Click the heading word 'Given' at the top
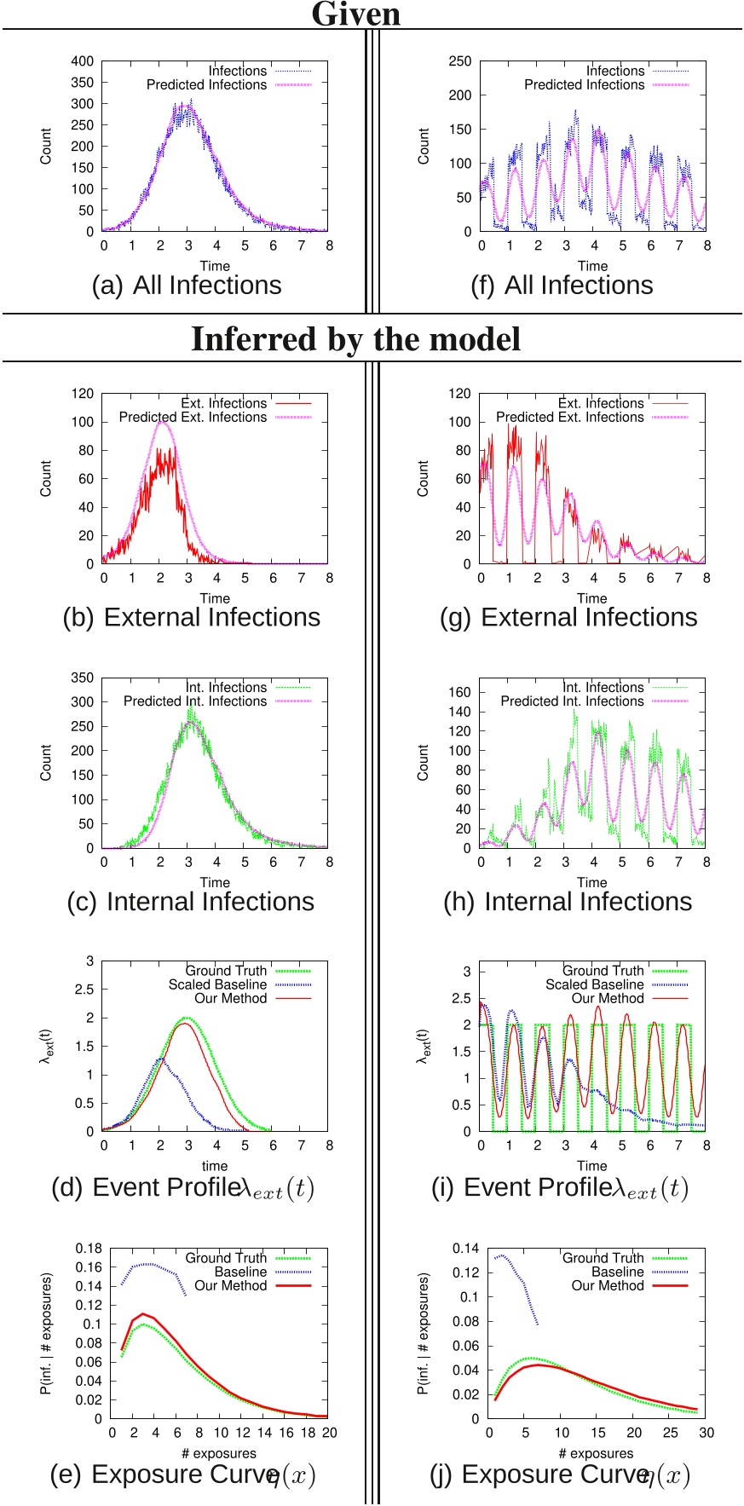[355, 14]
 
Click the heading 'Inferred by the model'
[355, 339]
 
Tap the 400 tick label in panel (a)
[83, 61]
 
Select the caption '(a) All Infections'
[187, 286]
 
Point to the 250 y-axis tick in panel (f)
[460, 61]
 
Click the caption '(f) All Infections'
[562, 286]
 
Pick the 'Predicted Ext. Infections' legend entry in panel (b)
[193, 417]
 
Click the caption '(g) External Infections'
[568, 617]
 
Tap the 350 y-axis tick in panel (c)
[83, 678]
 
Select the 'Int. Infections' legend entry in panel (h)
[603, 687]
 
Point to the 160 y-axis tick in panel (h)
[460, 692]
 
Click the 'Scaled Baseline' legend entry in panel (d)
[217, 984]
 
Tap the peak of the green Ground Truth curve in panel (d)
[186, 1018]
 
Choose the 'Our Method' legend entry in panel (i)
[608, 998]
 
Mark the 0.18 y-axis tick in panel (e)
[89, 1249]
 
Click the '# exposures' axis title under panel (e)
[219, 1453]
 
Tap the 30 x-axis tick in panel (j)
[707, 1433]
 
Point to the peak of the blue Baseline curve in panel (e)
[145, 1264]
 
